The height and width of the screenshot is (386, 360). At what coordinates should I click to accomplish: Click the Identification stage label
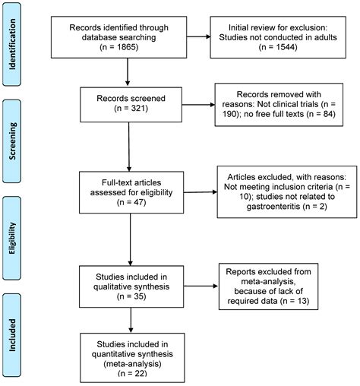pyautogui.click(x=12, y=44)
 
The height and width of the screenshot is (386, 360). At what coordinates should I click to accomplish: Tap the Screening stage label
pyautogui.click(x=12, y=141)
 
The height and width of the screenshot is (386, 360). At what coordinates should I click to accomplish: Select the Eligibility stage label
pyautogui.click(x=12, y=238)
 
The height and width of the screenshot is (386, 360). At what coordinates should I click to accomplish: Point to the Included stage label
pyautogui.click(x=12, y=335)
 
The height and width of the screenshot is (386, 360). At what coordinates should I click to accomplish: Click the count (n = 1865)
pyautogui.click(x=119, y=47)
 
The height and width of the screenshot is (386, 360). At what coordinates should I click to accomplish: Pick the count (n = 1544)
pyautogui.click(x=278, y=47)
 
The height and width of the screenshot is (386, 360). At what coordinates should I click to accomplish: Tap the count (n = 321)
pyautogui.click(x=131, y=109)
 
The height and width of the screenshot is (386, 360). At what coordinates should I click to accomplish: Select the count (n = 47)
pyautogui.click(x=131, y=202)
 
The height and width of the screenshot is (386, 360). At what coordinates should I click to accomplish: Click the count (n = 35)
pyautogui.click(x=131, y=296)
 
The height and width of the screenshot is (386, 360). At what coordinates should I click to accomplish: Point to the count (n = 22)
pyautogui.click(x=132, y=373)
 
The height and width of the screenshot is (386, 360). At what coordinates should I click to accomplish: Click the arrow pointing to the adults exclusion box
pyautogui.click(x=199, y=36)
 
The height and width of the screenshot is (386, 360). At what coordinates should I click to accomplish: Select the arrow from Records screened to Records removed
pyautogui.click(x=198, y=105)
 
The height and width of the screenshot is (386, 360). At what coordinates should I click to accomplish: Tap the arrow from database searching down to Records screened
pyautogui.click(x=128, y=72)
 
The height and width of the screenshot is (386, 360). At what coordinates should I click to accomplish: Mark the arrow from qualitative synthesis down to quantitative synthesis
pyautogui.click(x=131, y=320)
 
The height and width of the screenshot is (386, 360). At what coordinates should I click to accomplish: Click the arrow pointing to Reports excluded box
pyautogui.click(x=201, y=286)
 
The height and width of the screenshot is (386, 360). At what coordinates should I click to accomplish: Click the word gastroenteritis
pyautogui.click(x=273, y=207)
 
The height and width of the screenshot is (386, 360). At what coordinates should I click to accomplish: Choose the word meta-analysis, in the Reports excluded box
pyautogui.click(x=268, y=282)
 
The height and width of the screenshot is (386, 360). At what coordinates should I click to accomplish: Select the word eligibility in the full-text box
pyautogui.click(x=153, y=193)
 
